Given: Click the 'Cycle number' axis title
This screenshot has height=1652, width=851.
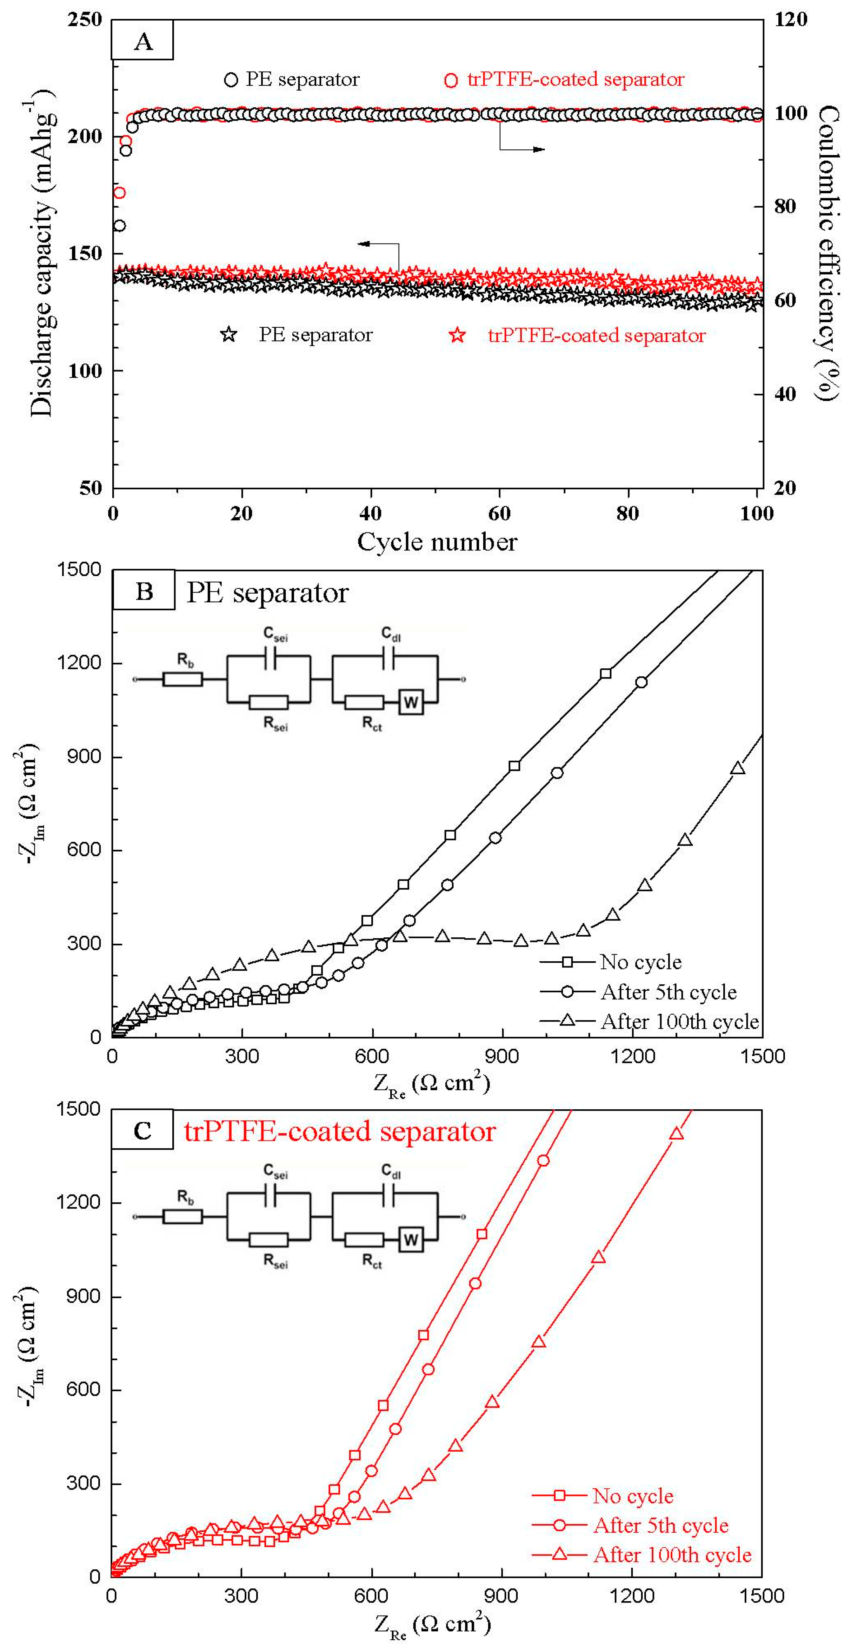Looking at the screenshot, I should pos(437,542).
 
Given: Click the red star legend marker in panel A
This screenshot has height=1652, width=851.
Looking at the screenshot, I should pos(457,335).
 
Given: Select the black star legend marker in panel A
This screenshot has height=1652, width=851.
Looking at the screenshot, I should pos(229,335).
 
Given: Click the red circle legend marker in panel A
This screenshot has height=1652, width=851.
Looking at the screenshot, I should pos(451,80).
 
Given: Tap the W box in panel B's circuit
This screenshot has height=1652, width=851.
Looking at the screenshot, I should pos(411,702).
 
